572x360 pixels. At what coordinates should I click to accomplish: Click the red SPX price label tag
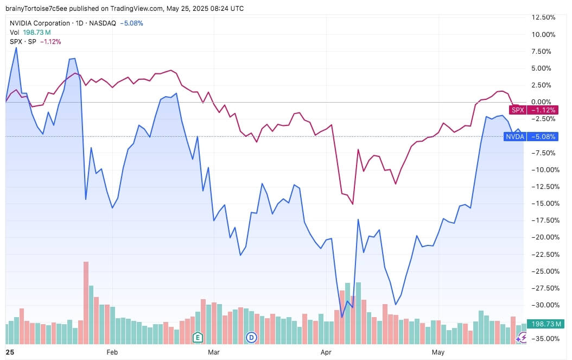(x=533, y=110)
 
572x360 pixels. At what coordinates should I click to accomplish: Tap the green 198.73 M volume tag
(x=546, y=324)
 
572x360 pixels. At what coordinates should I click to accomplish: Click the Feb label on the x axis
(x=112, y=352)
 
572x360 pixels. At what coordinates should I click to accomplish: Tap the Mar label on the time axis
(x=214, y=352)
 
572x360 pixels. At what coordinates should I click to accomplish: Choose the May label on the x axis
(x=438, y=352)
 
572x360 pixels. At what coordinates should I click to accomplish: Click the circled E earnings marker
(x=198, y=337)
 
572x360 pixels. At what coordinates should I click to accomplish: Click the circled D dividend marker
(x=251, y=337)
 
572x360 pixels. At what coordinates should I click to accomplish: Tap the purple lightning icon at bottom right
(x=520, y=338)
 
